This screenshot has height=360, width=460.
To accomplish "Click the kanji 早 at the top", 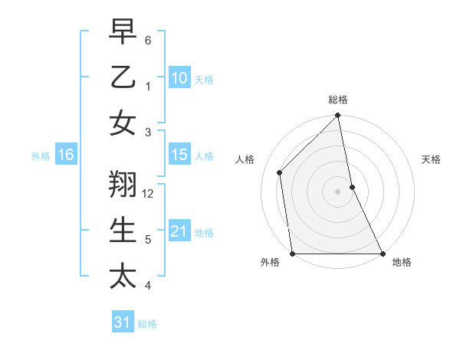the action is click(x=123, y=31).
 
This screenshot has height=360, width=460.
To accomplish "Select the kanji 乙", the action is click(x=123, y=77).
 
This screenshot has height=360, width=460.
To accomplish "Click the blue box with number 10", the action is click(x=179, y=77).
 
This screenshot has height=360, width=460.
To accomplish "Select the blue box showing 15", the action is click(x=179, y=155).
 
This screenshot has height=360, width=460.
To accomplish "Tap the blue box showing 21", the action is click(x=179, y=231).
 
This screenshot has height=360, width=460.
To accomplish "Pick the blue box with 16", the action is click(x=65, y=155).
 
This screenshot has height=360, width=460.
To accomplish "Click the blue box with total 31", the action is click(x=123, y=322).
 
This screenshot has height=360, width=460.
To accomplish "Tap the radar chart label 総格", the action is click(x=338, y=100).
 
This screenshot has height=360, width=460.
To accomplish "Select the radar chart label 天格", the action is click(x=431, y=159).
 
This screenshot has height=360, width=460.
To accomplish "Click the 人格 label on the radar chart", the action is click(x=245, y=159).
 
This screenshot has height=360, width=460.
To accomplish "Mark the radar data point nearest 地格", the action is click(x=382, y=254).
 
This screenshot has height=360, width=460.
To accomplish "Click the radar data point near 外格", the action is click(x=293, y=254).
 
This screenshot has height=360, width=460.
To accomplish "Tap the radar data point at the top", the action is click(x=338, y=116).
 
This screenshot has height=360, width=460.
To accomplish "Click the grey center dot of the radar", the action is click(x=338, y=191).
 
